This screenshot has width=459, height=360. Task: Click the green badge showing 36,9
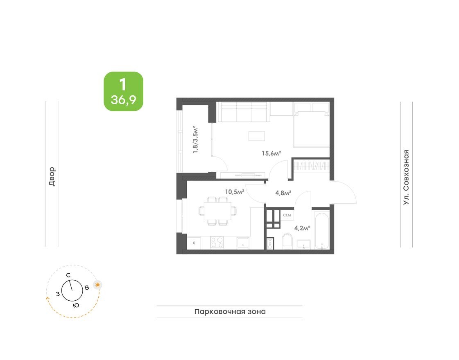[123, 91]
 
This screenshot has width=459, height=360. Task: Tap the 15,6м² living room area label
[271, 153]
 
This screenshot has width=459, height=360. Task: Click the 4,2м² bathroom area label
[302, 227]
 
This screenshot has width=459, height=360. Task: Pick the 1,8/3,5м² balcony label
[196, 139]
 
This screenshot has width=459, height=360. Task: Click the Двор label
[52, 177]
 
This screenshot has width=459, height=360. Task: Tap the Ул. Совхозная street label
[406, 177]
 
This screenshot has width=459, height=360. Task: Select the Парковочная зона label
[230, 312]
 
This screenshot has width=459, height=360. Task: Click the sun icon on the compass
[97, 285]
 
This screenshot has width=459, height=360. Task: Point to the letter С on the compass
[68, 275]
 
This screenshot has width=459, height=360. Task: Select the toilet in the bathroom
[287, 241]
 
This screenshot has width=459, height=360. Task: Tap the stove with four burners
[217, 243]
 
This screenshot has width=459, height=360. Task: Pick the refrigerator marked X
[194, 243]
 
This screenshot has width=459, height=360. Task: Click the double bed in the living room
[312, 128]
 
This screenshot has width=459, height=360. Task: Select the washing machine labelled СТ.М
[287, 215]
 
